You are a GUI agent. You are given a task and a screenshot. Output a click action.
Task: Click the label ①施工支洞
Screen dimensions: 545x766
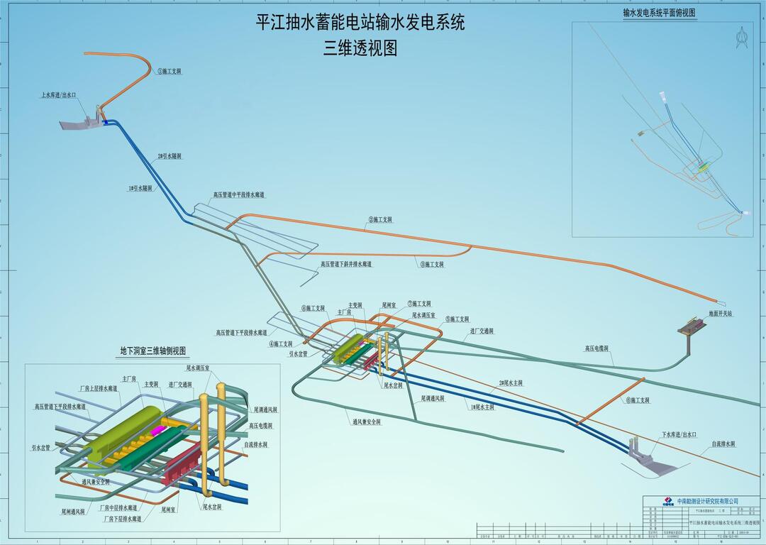tap(170, 72)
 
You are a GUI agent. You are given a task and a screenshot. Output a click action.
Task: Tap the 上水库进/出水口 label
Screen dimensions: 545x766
tap(58, 94)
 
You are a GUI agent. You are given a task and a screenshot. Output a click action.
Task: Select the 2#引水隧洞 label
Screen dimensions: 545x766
tap(170, 156)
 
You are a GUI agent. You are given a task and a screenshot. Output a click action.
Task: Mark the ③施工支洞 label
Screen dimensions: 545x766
tap(432, 264)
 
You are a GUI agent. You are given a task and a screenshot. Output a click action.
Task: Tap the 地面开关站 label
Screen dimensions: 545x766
tap(720, 313)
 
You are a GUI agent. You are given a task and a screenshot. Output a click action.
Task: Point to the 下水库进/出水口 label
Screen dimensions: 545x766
tap(679, 434)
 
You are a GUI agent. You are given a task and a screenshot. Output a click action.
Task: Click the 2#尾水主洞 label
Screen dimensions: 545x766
tap(511, 383)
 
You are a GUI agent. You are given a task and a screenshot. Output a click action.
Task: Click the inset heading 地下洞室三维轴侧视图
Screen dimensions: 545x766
tap(153, 351)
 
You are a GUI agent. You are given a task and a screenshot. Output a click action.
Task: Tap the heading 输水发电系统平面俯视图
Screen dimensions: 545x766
tap(659, 13)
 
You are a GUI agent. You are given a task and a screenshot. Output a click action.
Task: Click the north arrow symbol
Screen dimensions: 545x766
tap(743, 37)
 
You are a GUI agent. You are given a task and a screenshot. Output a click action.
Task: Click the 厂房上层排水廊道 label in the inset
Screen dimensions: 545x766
tap(99, 389)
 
